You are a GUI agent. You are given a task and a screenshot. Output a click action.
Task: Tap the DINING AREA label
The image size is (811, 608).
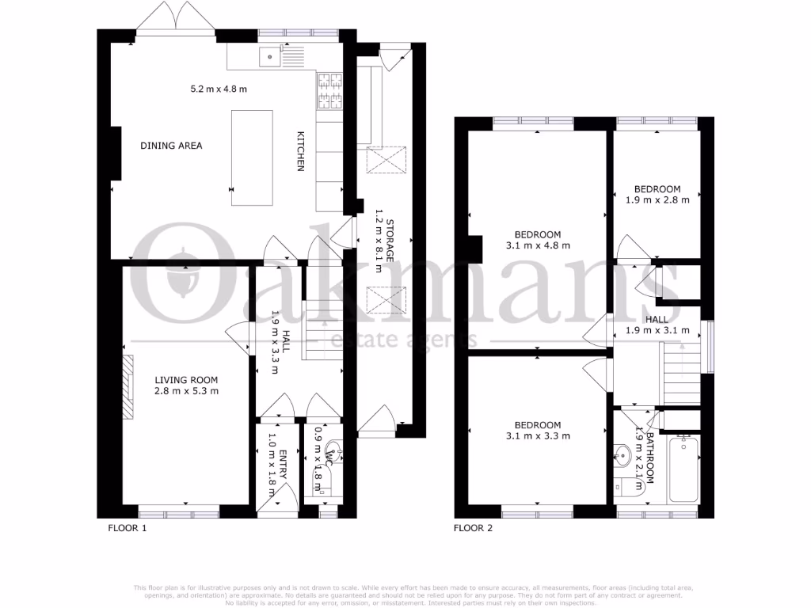point(171,146)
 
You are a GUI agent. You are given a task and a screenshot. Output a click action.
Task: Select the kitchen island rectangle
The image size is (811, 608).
point(252,158)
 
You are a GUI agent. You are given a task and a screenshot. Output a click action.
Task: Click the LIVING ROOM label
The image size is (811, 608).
point(186,379)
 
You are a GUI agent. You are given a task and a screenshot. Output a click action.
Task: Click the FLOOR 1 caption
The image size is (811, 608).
point(128,526)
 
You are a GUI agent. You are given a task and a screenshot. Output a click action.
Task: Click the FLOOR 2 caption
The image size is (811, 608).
point(473,526)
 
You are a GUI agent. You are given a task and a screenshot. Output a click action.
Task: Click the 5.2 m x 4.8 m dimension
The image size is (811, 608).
point(219,89)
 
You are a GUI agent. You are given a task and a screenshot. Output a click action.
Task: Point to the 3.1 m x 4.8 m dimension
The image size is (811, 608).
point(538,245)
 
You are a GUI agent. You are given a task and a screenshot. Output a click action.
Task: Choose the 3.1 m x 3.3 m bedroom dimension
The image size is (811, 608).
point(538,435)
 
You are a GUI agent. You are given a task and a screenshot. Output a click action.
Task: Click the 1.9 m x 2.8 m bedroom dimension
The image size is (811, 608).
point(657,199)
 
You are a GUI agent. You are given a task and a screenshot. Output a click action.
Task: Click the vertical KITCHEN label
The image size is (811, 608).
point(301,151)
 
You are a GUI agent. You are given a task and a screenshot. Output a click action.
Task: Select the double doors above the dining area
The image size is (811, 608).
point(176,18)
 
